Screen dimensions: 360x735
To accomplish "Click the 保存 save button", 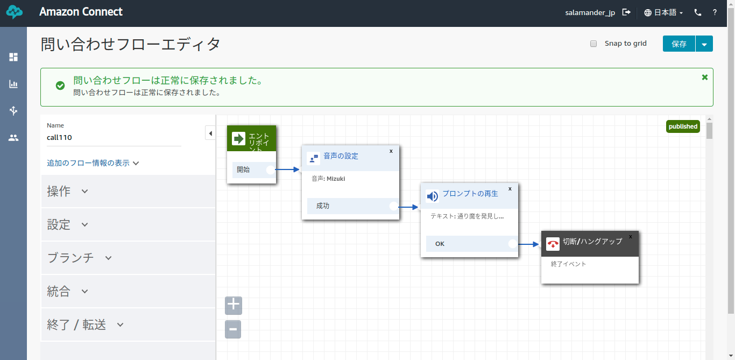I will click(679, 44).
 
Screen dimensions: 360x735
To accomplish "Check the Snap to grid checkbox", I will click(593, 44).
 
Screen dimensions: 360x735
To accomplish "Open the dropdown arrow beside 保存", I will click(704, 44).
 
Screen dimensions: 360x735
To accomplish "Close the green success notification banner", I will click(705, 77).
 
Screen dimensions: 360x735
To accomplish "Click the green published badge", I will click(683, 126).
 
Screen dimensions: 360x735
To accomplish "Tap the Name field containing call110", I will click(114, 138).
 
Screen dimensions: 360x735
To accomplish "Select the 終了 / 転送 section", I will click(85, 324).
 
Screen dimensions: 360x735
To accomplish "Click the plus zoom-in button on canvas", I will click(234, 305).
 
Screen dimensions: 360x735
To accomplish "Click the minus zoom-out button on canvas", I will click(233, 329).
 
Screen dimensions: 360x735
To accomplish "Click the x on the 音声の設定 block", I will click(391, 151).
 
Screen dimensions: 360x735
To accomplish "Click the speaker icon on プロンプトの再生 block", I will click(433, 196).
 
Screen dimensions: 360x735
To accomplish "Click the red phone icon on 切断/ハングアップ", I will click(553, 244).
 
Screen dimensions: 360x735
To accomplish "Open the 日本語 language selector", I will click(663, 12).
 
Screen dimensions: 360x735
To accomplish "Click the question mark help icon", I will click(715, 12).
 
